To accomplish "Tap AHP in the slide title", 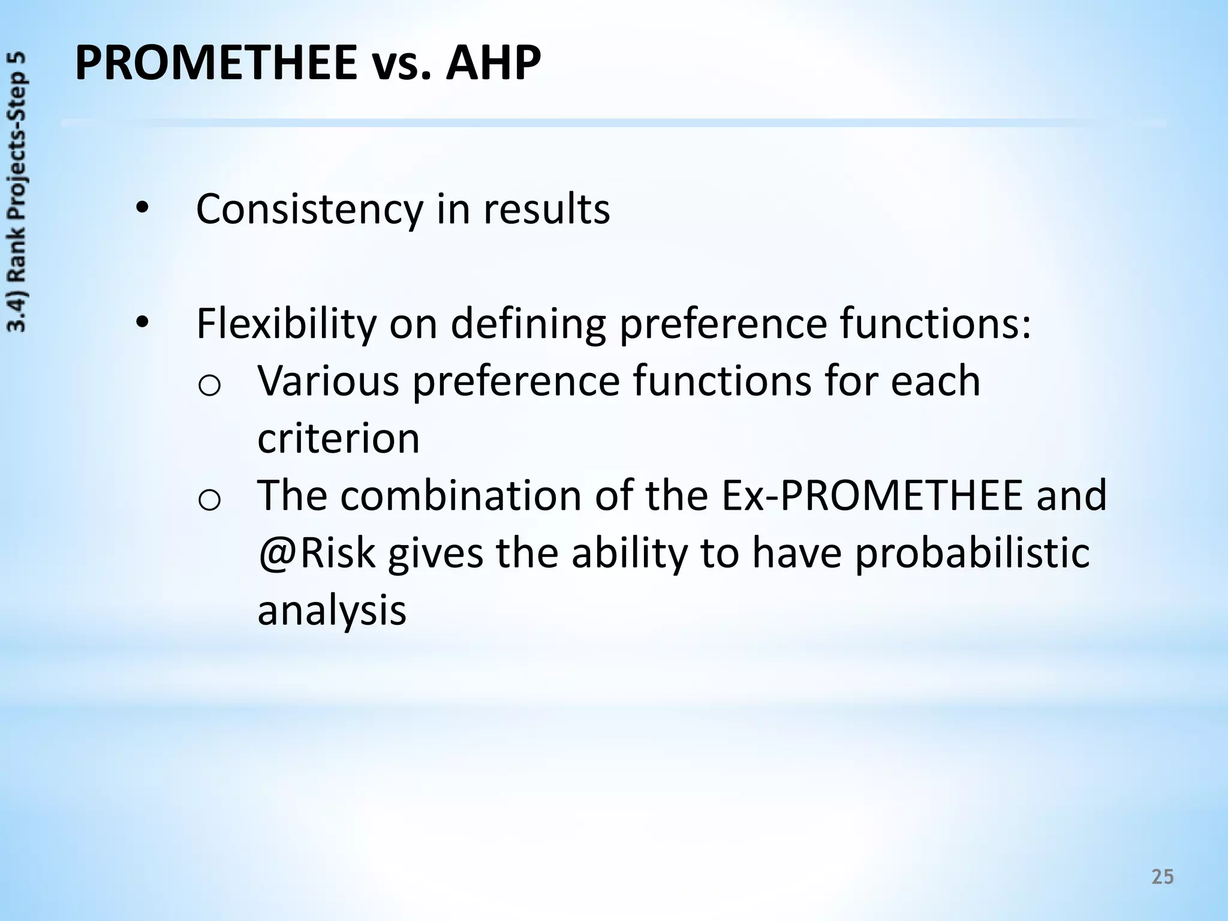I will pos(493,64).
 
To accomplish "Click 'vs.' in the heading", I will pos(401,66).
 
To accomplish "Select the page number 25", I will pos(1163,877).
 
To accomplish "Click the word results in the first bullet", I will pos(546,209).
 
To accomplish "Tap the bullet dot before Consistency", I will pos(142,209).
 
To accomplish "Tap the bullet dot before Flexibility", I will pos(142,323).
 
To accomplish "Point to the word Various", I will pos(328,381).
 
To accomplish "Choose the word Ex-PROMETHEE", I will pos(872,495).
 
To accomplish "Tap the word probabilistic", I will pos(971,554).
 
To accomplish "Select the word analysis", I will pos(332,611).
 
